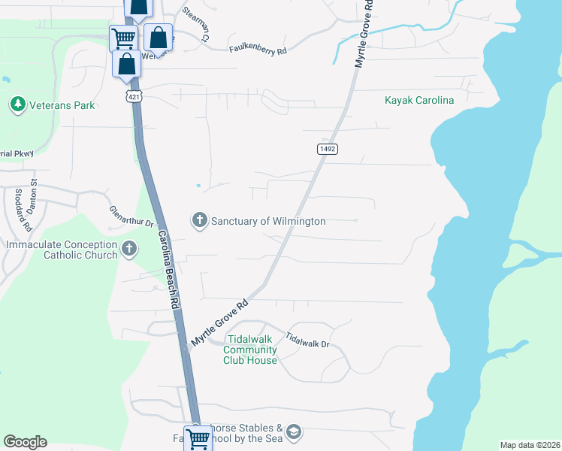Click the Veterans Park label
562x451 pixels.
click(x=62, y=105)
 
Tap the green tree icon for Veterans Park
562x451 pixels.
click(x=17, y=104)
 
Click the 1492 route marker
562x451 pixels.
click(x=327, y=150)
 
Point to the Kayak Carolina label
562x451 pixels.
click(x=419, y=100)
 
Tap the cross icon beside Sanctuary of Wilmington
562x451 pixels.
click(x=199, y=221)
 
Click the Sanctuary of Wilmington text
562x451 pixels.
click(x=268, y=222)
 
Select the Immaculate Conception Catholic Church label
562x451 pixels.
click(x=62, y=250)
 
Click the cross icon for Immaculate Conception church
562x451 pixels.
click(x=129, y=249)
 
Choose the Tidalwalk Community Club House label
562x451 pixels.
click(x=250, y=350)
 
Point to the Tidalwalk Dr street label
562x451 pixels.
click(x=308, y=343)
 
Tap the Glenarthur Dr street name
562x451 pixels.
click(x=131, y=217)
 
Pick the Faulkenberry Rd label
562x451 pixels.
click(x=258, y=50)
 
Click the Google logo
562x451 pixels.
click(x=25, y=442)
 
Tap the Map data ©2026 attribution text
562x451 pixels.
click(x=530, y=445)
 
